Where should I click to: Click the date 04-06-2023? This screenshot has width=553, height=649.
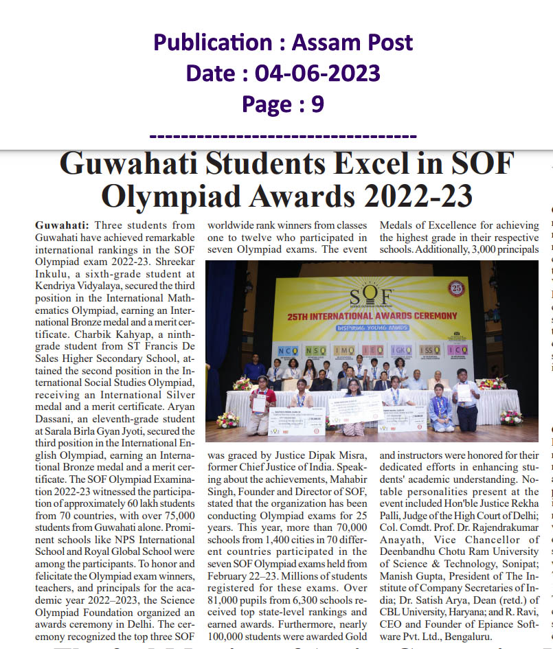click(318, 73)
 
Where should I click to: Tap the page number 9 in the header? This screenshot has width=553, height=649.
click(317, 104)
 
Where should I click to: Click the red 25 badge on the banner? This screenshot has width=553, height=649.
click(457, 287)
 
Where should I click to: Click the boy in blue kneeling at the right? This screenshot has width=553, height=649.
click(440, 411)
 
